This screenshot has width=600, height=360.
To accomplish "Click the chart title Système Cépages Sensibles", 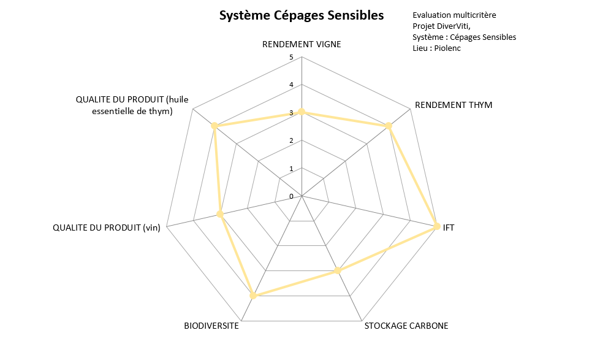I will pyautogui.click(x=302, y=15).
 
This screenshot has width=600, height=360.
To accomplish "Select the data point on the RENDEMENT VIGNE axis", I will pyautogui.click(x=302, y=112).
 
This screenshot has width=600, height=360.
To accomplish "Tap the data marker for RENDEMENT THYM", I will pyautogui.click(x=389, y=126).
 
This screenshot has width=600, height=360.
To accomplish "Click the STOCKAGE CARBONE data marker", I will pyautogui.click(x=337, y=270).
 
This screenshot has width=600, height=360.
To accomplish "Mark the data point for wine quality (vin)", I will pyautogui.click(x=220, y=215).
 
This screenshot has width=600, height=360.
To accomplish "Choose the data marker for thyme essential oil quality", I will pyautogui.click(x=215, y=126).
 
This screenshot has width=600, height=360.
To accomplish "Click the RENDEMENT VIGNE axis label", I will pyautogui.click(x=302, y=44).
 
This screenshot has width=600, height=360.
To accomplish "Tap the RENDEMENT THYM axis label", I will pyautogui.click(x=454, y=105).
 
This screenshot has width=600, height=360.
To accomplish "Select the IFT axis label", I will pyautogui.click(x=449, y=227).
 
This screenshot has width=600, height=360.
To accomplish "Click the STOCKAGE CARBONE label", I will pyautogui.click(x=406, y=326).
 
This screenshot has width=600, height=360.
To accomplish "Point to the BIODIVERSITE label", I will pyautogui.click(x=211, y=326).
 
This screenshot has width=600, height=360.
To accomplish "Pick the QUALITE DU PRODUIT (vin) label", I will pyautogui.click(x=107, y=228).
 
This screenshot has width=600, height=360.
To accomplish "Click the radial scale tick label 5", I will pyautogui.click(x=292, y=58).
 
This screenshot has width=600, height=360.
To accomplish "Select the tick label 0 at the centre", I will pyautogui.click(x=292, y=196).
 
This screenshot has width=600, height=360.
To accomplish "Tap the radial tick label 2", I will pyautogui.click(x=292, y=141).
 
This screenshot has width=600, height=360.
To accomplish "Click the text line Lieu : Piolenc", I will pyautogui.click(x=437, y=48).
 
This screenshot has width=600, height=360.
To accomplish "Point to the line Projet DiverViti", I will pyautogui.click(x=442, y=26).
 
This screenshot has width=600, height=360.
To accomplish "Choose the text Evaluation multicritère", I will pyautogui.click(x=454, y=15).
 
